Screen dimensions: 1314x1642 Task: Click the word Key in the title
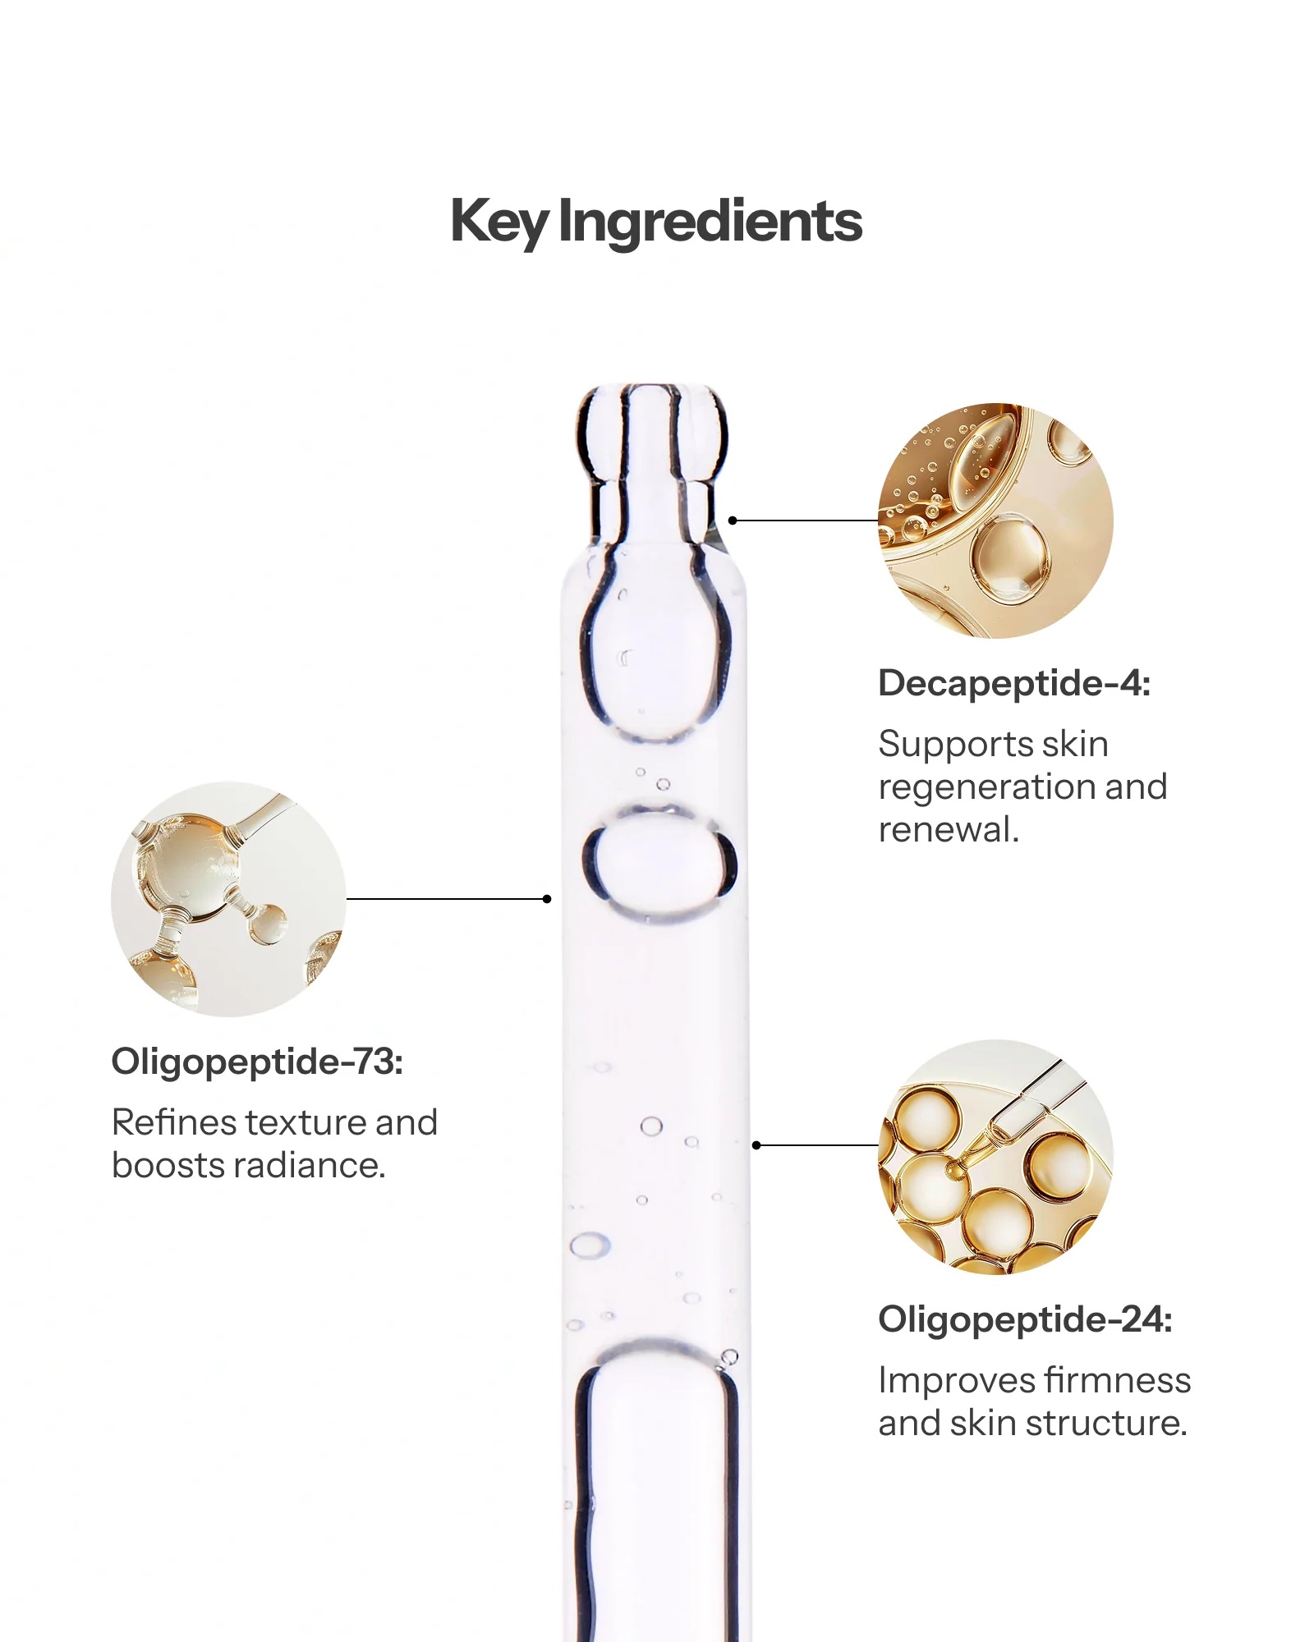499,223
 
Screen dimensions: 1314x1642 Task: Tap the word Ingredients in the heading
710,223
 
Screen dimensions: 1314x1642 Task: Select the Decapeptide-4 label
1014,683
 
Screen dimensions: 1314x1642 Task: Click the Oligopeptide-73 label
257,1062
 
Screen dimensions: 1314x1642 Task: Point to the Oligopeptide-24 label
1025,1320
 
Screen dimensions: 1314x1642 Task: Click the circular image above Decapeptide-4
995,521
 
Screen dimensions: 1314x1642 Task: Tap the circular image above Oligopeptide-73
229,899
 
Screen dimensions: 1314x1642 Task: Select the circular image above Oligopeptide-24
995,1157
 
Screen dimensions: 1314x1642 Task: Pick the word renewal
949,829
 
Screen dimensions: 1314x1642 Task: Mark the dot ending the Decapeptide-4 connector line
733,521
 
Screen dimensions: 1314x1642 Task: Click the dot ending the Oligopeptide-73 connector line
547,899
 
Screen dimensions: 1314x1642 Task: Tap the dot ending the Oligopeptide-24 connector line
756,1145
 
